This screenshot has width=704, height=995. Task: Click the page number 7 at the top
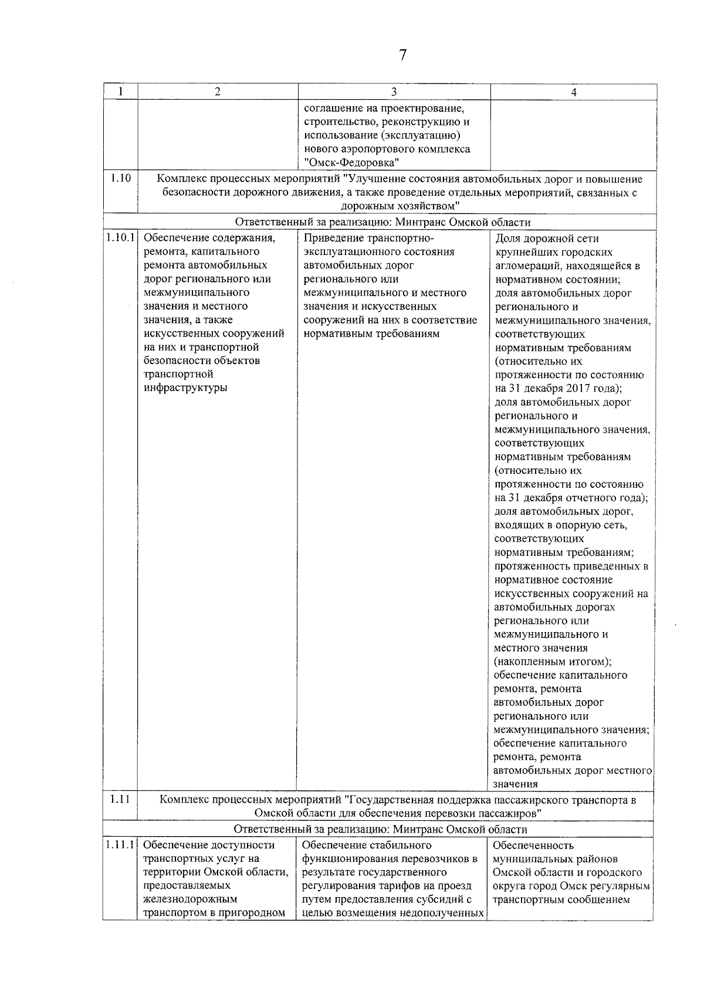tap(402, 55)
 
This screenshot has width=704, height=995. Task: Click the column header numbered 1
tap(120, 92)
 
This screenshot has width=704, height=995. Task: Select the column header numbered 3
tap(394, 92)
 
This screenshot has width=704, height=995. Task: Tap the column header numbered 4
tap(574, 92)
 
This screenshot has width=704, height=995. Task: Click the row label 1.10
tap(120, 178)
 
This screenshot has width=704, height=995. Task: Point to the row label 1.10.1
tap(120, 238)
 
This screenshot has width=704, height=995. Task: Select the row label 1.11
tap(120, 799)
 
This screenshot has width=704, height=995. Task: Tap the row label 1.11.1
tap(120, 845)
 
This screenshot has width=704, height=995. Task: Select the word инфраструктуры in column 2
tap(185, 388)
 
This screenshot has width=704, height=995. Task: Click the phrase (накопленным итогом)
tap(552, 661)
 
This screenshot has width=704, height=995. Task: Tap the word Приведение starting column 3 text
tap(332, 238)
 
